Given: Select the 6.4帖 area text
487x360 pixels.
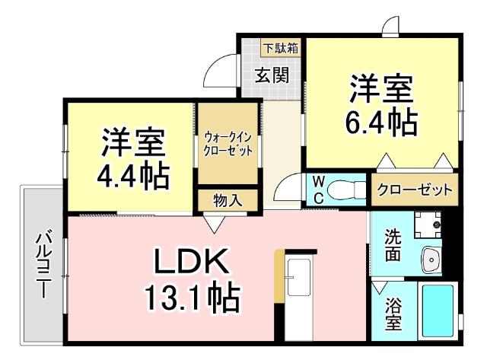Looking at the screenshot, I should [381, 122].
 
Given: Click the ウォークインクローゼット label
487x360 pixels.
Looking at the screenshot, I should [228, 143].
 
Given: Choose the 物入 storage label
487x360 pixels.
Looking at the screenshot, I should [228, 200].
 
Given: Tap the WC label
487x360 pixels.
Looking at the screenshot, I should [319, 190].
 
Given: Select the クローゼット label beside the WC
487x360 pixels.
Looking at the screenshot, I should [415, 190].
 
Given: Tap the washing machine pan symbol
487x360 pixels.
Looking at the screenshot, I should [428, 223].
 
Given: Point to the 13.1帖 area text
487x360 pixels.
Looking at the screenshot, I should [190, 298].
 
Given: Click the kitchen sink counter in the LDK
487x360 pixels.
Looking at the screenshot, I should [300, 289].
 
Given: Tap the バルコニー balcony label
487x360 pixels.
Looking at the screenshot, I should [43, 263].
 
